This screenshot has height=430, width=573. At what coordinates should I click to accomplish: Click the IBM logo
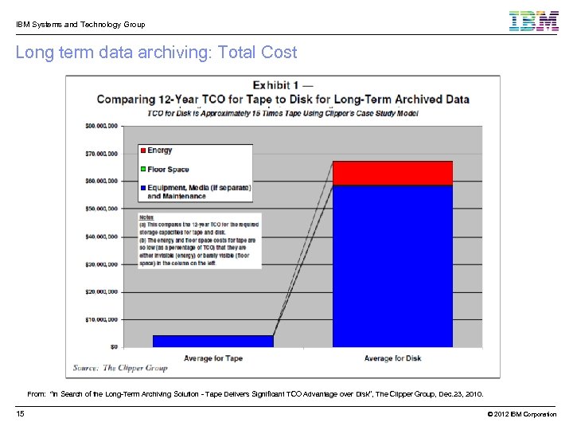[534, 21]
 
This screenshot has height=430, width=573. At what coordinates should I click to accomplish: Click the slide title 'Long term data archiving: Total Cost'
[156, 53]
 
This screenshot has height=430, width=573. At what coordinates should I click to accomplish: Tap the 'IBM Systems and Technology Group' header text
[80, 25]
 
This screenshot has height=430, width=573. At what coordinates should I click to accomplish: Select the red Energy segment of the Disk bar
[392, 173]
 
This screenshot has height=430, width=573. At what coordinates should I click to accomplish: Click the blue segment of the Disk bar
[392, 266]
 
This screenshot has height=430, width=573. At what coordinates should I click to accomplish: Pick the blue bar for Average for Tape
[212, 341]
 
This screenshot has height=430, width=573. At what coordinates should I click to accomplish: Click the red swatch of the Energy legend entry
[142, 150]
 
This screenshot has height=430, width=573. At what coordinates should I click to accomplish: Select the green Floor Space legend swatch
[142, 170]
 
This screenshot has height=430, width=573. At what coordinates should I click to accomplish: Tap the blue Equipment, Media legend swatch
[142, 188]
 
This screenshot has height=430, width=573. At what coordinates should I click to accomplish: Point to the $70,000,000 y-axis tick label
[101, 153]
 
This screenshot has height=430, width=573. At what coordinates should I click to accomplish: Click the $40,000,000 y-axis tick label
[101, 236]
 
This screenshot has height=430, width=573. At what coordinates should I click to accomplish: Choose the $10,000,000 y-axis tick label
[101, 319]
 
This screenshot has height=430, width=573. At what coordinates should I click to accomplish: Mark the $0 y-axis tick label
[114, 347]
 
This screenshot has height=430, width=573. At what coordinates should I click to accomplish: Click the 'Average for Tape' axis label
[212, 358]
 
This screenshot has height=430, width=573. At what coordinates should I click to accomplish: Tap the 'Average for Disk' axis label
[392, 358]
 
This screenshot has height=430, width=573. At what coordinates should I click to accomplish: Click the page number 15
[20, 414]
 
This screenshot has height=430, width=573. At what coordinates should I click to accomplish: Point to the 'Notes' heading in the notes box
[146, 217]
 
